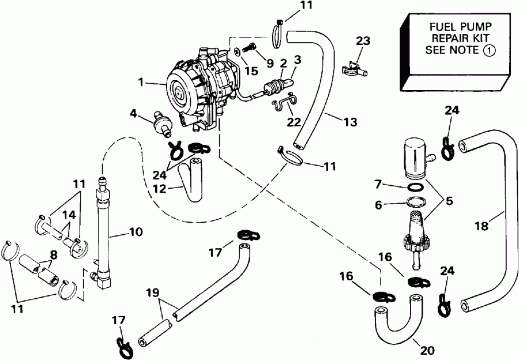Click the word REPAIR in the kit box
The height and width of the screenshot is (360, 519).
pos(456,39)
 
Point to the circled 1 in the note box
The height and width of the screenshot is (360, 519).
pos(488,50)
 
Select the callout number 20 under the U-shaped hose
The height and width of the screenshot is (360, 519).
pos(427,350)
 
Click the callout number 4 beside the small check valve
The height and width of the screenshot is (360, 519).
pos(133,113)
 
